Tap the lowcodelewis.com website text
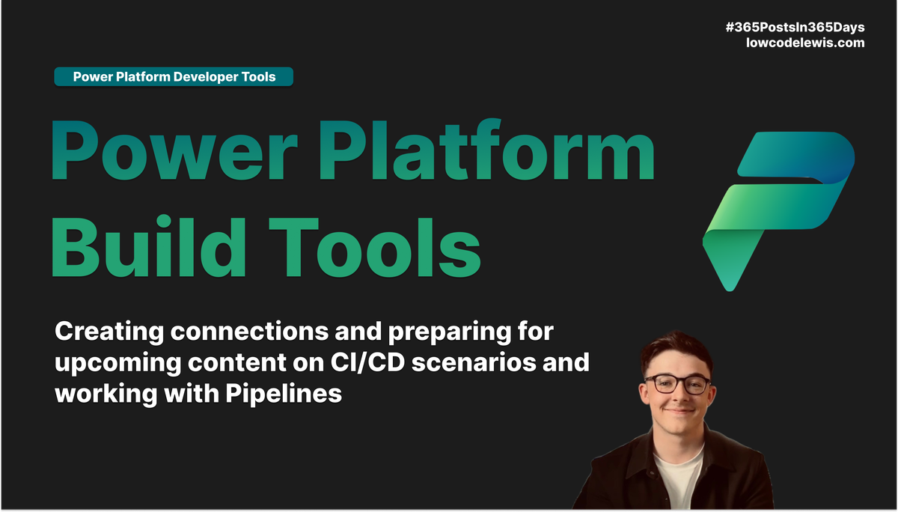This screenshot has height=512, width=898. click(x=805, y=43)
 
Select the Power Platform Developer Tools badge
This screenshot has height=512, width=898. click(x=174, y=76)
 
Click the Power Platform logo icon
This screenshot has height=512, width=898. click(x=778, y=210)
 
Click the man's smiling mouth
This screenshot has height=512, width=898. click(x=678, y=410)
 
